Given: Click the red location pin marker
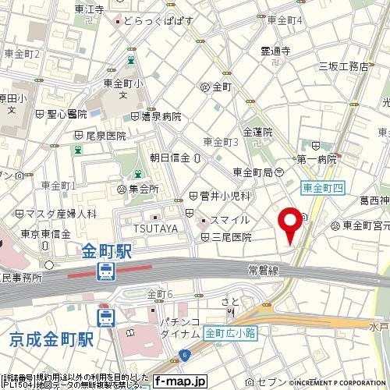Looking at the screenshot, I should click(292, 225).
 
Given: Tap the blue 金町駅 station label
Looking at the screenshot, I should click(107, 252).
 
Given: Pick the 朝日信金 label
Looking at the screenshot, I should click(170, 158).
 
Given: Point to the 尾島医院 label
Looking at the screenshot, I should click(105, 135).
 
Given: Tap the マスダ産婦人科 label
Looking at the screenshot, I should click(59, 212).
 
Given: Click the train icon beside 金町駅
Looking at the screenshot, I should click(105, 272).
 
